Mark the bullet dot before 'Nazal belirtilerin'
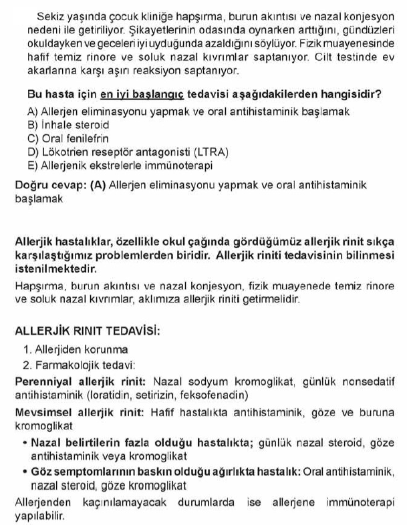(24, 442)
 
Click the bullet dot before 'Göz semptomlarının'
(24, 472)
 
